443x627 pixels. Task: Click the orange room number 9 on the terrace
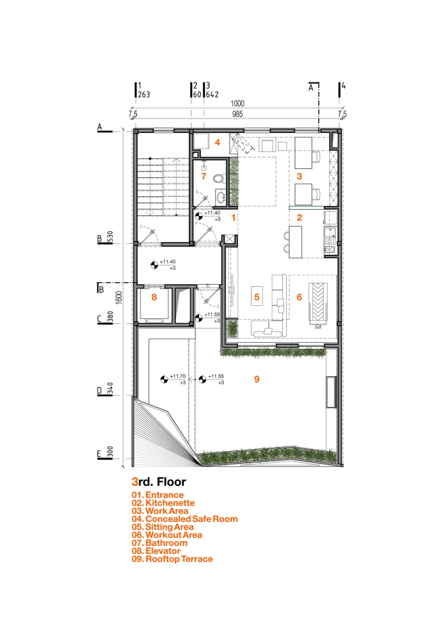click(x=257, y=380)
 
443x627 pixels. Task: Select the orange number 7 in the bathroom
click(x=202, y=176)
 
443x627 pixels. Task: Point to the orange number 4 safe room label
click(x=217, y=142)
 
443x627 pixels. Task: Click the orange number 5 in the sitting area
click(x=257, y=297)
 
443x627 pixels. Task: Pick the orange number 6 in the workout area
click(x=299, y=297)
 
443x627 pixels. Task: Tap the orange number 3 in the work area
click(x=299, y=176)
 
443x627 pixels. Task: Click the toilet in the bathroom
click(x=218, y=180)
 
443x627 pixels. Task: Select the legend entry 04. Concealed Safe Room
click(x=185, y=519)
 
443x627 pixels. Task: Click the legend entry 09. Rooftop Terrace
click(x=172, y=559)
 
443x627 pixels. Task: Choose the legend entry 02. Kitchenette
click(x=165, y=502)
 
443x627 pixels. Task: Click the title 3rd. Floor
click(x=159, y=481)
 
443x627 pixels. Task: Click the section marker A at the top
click(x=311, y=87)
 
